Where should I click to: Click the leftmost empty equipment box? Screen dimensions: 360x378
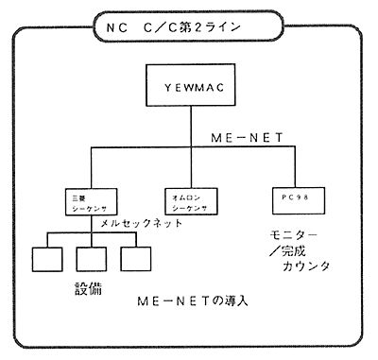[x=43, y=258]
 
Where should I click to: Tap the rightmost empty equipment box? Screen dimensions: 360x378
[x=135, y=258]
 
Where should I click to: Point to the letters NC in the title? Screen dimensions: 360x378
[x=111, y=25]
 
